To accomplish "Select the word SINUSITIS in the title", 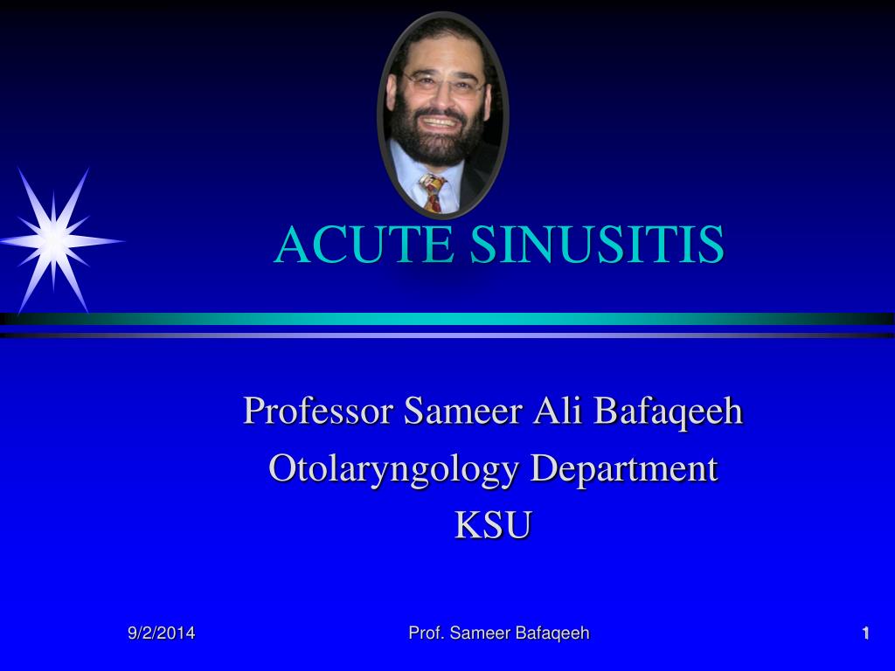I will pyautogui.click(x=596, y=246).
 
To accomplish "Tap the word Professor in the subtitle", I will pyautogui.click(x=318, y=411).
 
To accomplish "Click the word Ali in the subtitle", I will pyautogui.click(x=555, y=410).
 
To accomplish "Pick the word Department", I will pyautogui.click(x=624, y=469).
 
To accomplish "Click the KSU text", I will pyautogui.click(x=493, y=527).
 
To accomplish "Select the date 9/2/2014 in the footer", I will pyautogui.click(x=162, y=633).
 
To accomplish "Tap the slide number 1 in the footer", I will pyautogui.click(x=865, y=633).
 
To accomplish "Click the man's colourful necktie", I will pyautogui.click(x=432, y=191).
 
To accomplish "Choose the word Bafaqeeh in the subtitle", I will pyautogui.click(x=668, y=411).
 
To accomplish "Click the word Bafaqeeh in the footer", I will pyautogui.click(x=552, y=633).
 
